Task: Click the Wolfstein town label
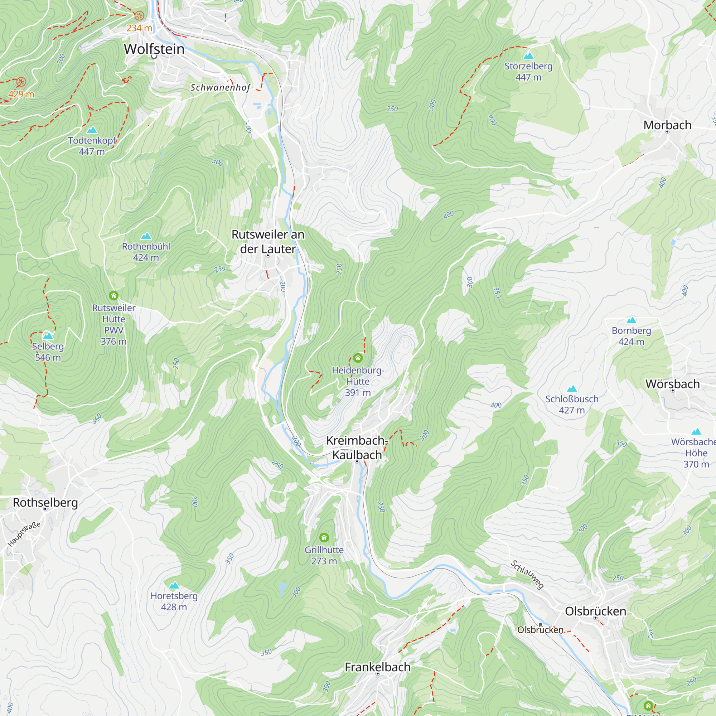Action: [x=154, y=49]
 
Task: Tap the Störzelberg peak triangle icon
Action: [x=528, y=56]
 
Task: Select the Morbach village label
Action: [x=667, y=125]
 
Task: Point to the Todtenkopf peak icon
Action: [x=92, y=130]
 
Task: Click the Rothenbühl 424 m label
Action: [x=146, y=252]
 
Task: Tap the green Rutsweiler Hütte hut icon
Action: [x=114, y=295]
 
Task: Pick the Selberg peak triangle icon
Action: [x=48, y=336]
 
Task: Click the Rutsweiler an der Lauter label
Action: [x=267, y=242]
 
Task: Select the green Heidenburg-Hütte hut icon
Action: [x=358, y=358]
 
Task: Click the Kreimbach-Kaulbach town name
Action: [x=357, y=448]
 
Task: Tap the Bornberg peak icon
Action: [x=631, y=320]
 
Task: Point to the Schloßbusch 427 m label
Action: [x=571, y=405]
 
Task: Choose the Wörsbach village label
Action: [x=672, y=384]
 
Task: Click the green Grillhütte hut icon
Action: [x=324, y=537]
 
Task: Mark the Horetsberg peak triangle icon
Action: [x=174, y=586]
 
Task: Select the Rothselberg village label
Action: [x=45, y=503]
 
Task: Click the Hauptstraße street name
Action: [x=24, y=534]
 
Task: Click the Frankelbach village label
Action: [x=377, y=667]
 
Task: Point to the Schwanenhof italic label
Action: [x=220, y=87]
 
